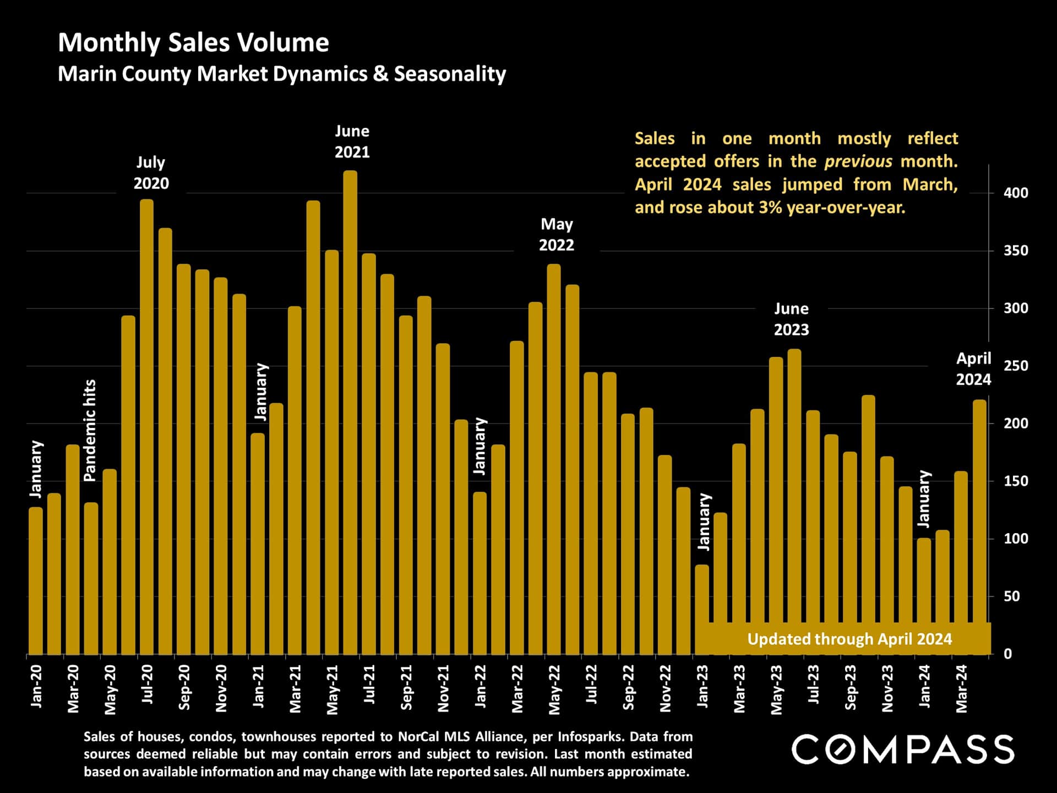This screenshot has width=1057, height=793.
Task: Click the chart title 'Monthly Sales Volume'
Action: point(193,42)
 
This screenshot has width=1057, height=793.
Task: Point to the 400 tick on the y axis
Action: point(1016,193)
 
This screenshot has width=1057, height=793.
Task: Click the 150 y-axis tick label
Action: point(1016,481)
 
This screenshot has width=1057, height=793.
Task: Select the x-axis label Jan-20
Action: point(36,686)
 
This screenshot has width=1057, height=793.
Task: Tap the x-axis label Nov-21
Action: point(443,688)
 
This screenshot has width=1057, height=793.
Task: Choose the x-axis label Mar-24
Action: point(961,688)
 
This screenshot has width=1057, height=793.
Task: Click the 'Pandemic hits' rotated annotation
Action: point(90,431)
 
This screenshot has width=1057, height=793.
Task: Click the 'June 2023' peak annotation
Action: point(791,319)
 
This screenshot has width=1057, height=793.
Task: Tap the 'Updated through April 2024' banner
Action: point(849,639)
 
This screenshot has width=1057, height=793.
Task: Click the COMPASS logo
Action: point(902,749)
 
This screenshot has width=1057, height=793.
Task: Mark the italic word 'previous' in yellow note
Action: point(858,161)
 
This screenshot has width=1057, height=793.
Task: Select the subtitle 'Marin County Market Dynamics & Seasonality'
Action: point(281,74)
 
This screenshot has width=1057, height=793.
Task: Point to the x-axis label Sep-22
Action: point(628,687)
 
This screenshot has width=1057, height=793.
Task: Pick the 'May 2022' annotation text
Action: point(556,234)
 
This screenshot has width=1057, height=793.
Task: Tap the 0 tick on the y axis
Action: point(1007,654)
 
